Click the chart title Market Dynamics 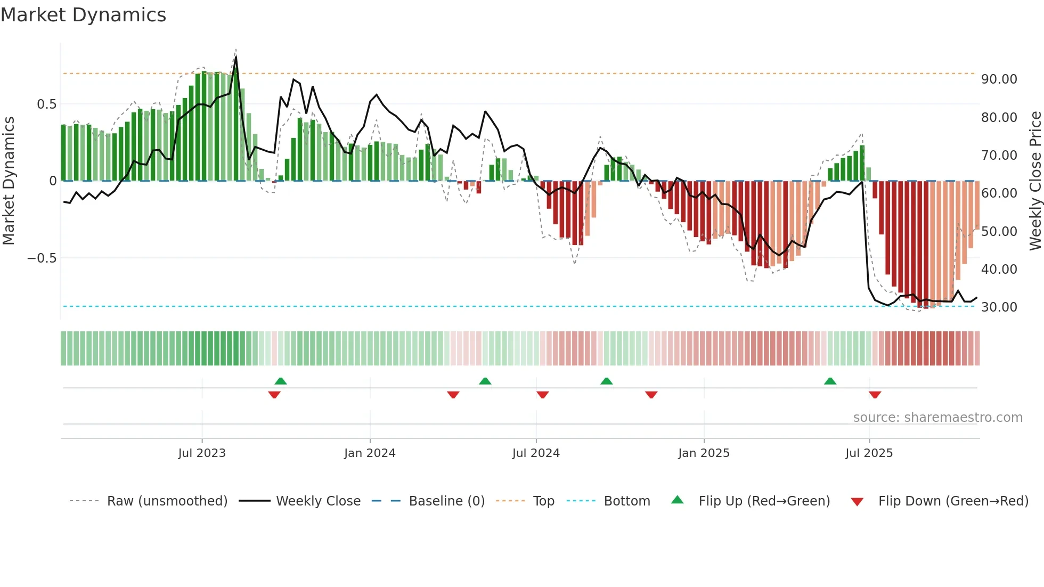[x=83, y=15]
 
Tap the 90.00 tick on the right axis [x=999, y=79]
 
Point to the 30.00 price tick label [x=999, y=307]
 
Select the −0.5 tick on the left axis [x=42, y=258]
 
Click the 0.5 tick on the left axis [x=46, y=104]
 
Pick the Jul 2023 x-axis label [x=202, y=453]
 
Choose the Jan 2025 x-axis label [x=704, y=453]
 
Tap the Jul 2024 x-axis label [x=536, y=453]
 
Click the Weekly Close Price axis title [x=1035, y=181]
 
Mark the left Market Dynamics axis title [x=9, y=181]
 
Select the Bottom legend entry [x=626, y=501]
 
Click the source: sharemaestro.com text [x=937, y=418]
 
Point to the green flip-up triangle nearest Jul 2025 [x=830, y=381]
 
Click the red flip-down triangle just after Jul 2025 [x=875, y=395]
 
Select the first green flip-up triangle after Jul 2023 [x=281, y=381]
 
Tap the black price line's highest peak [x=236, y=57]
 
